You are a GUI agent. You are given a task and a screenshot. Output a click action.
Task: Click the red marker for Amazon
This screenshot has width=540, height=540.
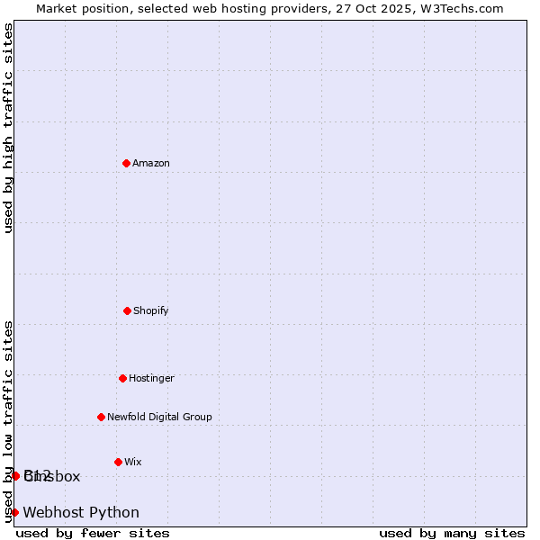[x=126, y=163]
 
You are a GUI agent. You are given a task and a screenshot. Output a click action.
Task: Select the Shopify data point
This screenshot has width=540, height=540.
[x=127, y=310]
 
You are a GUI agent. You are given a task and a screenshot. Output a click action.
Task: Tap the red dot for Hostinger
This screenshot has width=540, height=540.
[x=122, y=378]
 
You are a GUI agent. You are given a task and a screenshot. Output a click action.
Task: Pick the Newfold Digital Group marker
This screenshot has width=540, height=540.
[x=101, y=417]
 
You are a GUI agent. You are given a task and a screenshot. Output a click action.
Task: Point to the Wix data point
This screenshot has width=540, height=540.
[x=118, y=462]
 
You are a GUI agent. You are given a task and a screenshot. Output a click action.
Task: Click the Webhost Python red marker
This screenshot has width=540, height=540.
[x=14, y=512]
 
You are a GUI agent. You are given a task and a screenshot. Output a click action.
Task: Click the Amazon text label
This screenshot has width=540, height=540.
[x=151, y=163]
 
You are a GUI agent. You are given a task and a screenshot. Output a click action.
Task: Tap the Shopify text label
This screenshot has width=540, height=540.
[x=150, y=310]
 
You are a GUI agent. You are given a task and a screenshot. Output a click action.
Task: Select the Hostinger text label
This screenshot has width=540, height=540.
[x=151, y=378]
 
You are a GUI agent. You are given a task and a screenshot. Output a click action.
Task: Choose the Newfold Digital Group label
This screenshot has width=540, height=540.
[x=159, y=417]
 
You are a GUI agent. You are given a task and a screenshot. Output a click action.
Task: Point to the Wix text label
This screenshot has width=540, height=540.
[x=132, y=462]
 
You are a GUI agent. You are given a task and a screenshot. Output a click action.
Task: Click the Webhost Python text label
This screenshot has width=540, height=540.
[x=81, y=512]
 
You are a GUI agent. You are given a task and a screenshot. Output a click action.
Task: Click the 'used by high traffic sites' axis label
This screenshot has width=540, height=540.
[x=8, y=128]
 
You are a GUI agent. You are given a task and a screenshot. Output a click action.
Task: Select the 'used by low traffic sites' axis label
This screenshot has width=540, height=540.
[x=8, y=421]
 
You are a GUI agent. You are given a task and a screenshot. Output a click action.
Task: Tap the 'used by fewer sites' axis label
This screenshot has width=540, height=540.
[x=93, y=533]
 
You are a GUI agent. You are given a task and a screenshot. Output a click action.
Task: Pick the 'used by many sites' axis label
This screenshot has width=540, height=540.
[x=452, y=533]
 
